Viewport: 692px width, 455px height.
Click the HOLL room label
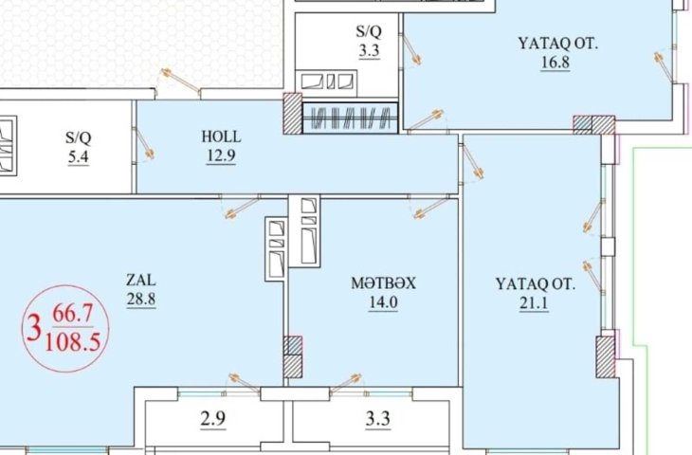(221, 136)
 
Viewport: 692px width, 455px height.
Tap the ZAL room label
(141, 280)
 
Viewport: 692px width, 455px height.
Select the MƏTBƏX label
(384, 282)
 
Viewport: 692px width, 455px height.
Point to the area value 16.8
(555, 63)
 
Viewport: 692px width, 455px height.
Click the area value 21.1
(535, 303)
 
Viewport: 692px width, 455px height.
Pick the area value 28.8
(141, 300)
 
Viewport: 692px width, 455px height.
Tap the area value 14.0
(384, 302)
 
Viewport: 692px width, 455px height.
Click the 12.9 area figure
(221, 155)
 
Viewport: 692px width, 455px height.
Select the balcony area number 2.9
(213, 419)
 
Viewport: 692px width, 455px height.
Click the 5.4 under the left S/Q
(78, 157)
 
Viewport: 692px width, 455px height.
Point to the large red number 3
(34, 328)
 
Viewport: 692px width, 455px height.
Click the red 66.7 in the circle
(73, 314)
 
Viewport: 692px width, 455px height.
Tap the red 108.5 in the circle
(73, 342)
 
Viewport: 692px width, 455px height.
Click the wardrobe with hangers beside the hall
(351, 118)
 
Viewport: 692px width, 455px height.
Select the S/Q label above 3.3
(369, 31)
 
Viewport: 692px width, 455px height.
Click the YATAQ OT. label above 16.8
(557, 44)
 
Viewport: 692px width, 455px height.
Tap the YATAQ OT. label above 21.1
(536, 283)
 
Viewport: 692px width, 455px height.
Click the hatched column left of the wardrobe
(292, 113)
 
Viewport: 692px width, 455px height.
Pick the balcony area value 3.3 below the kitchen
(378, 419)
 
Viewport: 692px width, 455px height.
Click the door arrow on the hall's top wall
(179, 81)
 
